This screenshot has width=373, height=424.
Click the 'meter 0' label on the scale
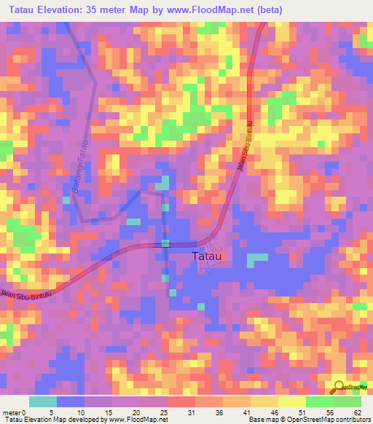pos(15,412)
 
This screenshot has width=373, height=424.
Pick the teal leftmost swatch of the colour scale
pos(43,401)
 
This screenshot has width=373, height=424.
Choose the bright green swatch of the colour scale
pos(320,401)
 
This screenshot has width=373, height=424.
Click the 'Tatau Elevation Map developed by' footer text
pos(47,420)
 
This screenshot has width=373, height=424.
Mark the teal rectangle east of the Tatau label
pos(256,258)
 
